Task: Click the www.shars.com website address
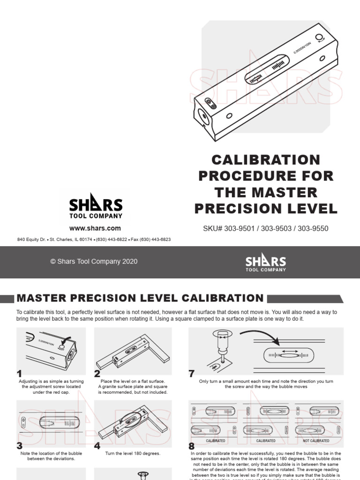pyautogui.click(x=95, y=228)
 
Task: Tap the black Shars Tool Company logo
pyautogui.click(x=96, y=209)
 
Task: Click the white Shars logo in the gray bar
pyautogui.click(x=266, y=262)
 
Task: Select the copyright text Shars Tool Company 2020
pyautogui.click(x=94, y=262)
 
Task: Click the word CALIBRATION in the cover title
pyautogui.click(x=266, y=160)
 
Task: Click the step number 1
pyautogui.click(x=19, y=374)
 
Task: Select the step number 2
pyautogui.click(x=97, y=374)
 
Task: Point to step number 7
pyautogui.click(x=191, y=374)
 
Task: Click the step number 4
pyautogui.click(x=97, y=446)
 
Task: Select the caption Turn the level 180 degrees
pyautogui.click(x=133, y=454)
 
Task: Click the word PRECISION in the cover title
pyautogui.click(x=266, y=209)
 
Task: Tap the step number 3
pyautogui.click(x=19, y=446)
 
